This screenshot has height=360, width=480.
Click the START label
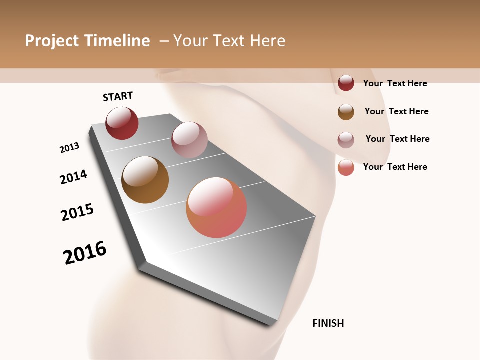coord(118,96)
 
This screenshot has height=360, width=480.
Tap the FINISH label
coord(328,323)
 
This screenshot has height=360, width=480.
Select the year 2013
coord(69,148)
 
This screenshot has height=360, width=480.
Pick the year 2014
coord(73,177)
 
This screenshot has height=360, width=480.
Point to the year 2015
coord(77,212)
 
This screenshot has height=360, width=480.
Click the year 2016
coord(85,253)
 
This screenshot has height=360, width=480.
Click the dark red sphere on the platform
coord(122,123)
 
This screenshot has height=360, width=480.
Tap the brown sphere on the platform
coord(145,180)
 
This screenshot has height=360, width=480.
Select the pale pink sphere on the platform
coord(189,139)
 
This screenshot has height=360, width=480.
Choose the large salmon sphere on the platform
coord(216,207)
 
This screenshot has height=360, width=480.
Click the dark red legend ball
coord(346,83)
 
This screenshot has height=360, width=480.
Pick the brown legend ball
coord(346,112)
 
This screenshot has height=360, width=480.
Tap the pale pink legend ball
coord(346,140)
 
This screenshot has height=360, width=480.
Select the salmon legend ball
coord(346,168)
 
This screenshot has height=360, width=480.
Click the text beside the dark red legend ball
coord(395,83)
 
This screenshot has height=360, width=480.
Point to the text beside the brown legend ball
coord(396,111)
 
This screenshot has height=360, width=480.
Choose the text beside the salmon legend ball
coord(395,167)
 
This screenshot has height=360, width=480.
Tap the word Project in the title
coord(52,41)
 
